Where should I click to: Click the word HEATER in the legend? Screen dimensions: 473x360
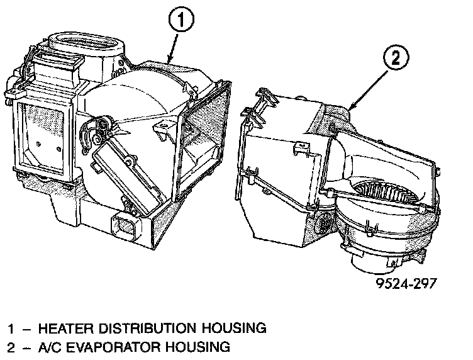coord(63,328)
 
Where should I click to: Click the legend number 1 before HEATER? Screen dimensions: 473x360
coord(11,328)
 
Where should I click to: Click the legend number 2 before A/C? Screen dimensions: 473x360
coord(11,347)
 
